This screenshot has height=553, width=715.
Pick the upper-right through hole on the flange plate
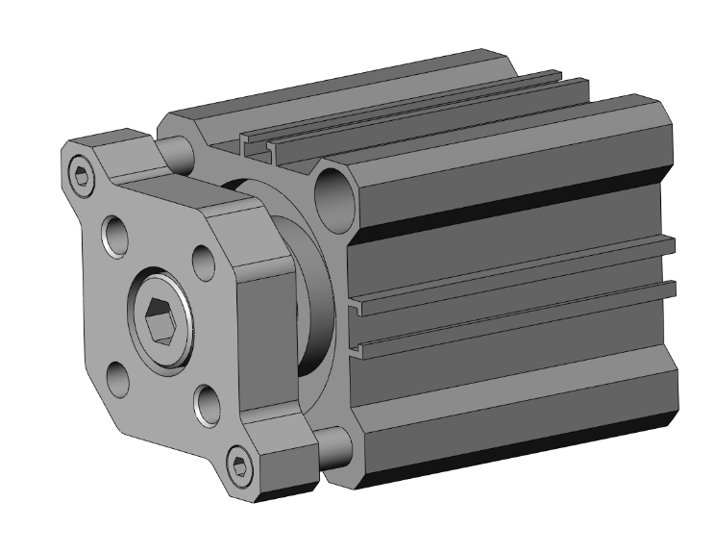coord(203,260)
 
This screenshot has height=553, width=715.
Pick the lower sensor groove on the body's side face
coord(509,323)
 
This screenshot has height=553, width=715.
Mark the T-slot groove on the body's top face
coord(404,125)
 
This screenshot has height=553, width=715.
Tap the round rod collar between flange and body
coord(308,289)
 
